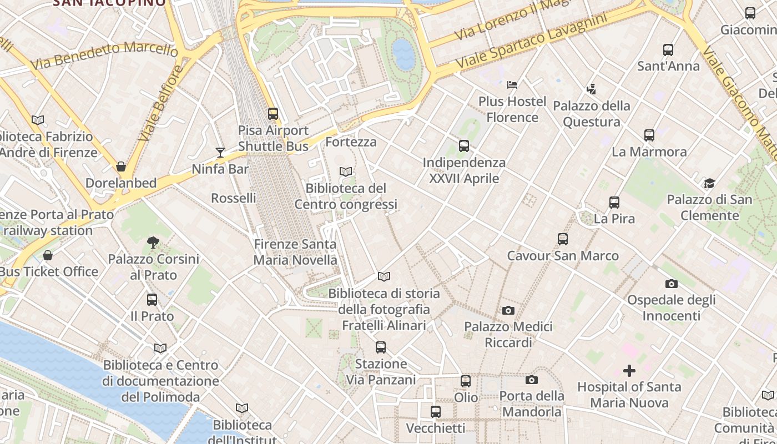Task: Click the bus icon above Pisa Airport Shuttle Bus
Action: coord(273,114)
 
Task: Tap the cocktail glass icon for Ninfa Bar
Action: coord(220,152)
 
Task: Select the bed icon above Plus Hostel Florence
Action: coord(512,85)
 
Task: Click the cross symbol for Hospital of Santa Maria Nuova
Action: coord(629,370)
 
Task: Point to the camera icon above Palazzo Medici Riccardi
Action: coord(508,310)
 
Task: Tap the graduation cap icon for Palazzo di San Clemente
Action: coord(709,183)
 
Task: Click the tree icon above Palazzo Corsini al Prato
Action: coord(153,243)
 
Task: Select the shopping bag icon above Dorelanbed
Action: coord(121,166)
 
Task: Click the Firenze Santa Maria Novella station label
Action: coord(295,252)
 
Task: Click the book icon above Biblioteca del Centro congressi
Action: coord(346,172)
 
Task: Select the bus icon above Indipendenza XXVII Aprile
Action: coord(464,146)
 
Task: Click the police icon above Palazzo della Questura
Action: coord(591,89)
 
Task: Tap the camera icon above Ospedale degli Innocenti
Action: coord(671,284)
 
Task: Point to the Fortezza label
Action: coord(351,142)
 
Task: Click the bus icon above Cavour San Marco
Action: coord(563,239)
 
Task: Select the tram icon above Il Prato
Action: coord(152,300)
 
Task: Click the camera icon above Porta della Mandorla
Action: coord(532,380)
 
